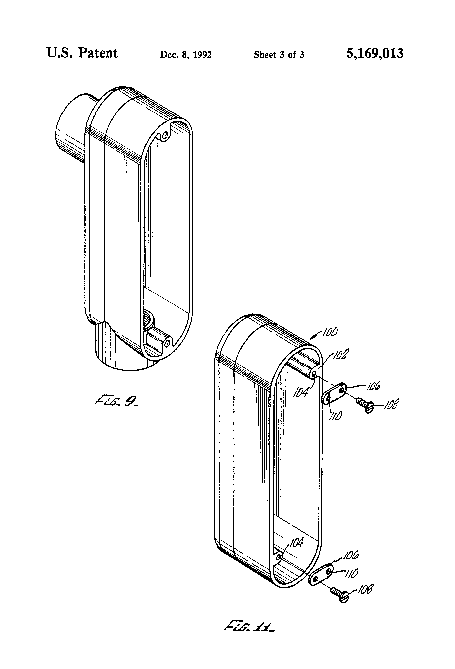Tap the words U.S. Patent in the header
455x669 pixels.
click(x=82, y=53)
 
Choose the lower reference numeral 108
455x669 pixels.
click(x=365, y=589)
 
